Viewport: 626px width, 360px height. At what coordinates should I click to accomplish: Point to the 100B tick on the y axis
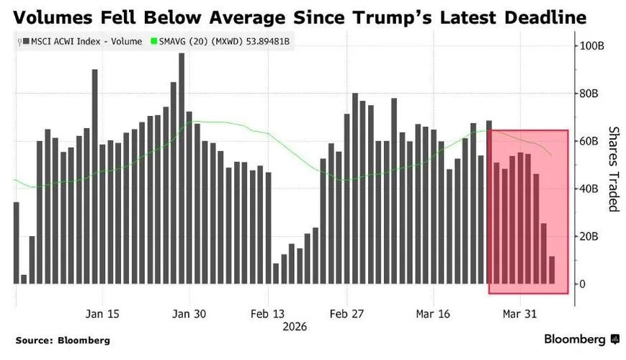tap(594, 45)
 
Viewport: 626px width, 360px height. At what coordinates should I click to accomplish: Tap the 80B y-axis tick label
tap(592, 94)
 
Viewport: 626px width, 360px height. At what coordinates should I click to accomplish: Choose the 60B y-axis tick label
tap(592, 141)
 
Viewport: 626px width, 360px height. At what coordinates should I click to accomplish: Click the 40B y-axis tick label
tap(592, 189)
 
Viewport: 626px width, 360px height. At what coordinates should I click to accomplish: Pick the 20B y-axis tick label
tap(592, 236)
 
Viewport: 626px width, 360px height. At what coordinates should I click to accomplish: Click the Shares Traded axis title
tap(614, 169)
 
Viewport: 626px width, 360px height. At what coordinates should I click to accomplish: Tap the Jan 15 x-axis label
tap(103, 315)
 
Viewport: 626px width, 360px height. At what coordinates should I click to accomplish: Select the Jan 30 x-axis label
tap(189, 315)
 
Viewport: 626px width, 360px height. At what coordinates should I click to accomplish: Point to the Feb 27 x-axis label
tap(347, 315)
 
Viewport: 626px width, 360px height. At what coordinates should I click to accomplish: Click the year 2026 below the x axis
tap(294, 327)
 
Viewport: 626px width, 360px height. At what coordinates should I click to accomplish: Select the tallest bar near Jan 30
tap(182, 168)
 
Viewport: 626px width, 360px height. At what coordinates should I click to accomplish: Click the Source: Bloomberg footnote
tap(63, 340)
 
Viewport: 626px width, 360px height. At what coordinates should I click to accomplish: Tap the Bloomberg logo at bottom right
tap(578, 339)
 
